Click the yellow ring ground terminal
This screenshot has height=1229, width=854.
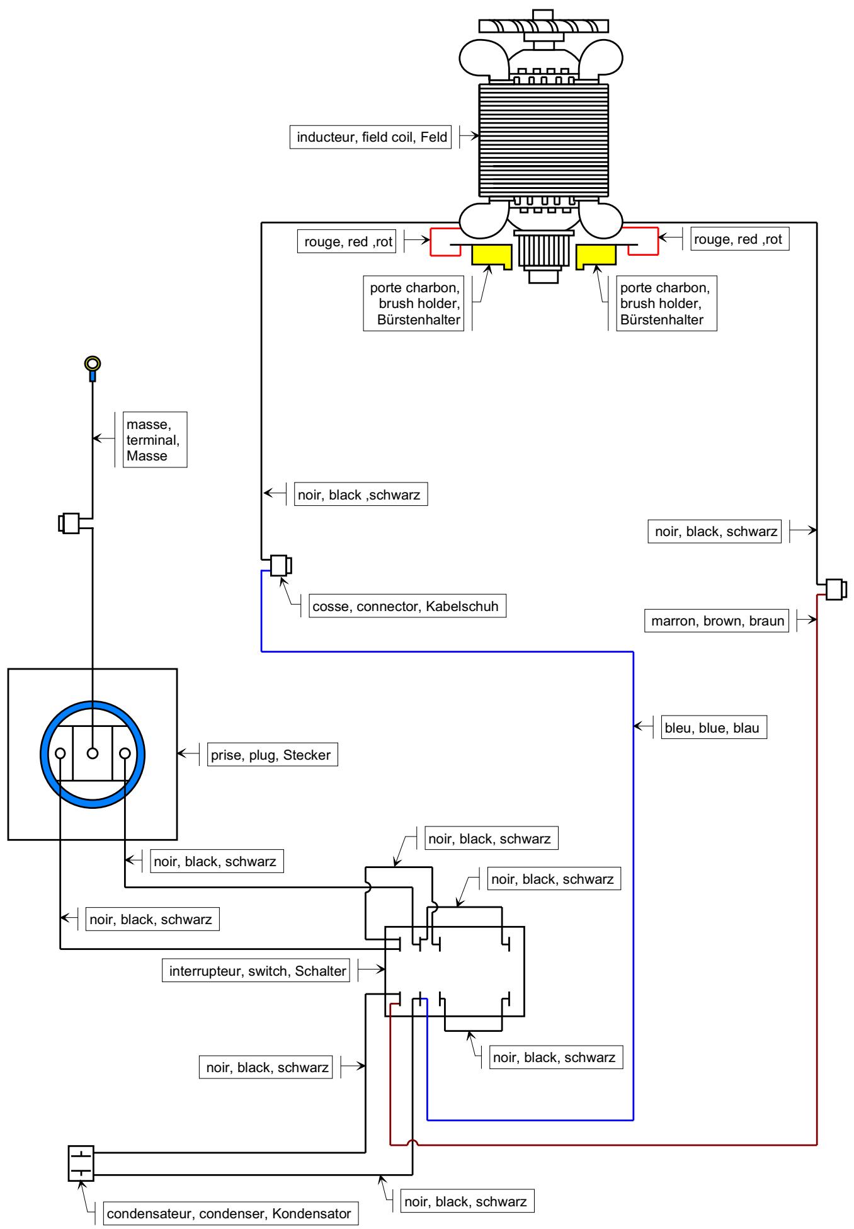[x=93, y=363]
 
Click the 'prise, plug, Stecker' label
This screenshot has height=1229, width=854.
[x=272, y=755]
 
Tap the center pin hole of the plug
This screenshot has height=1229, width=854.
[x=93, y=753]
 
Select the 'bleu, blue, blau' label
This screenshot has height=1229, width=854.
[x=713, y=728]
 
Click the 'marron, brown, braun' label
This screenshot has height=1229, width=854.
[x=717, y=620]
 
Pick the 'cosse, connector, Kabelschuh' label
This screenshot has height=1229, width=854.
[x=407, y=606]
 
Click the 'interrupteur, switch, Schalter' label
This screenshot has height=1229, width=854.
[x=257, y=971]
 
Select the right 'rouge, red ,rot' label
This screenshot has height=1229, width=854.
[x=739, y=239]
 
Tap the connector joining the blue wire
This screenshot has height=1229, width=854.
[x=281, y=565]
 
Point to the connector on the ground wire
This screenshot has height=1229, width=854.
[x=69, y=523]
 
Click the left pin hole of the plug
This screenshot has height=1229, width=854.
[x=60, y=753]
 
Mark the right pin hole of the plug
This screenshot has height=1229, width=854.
[x=125, y=753]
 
